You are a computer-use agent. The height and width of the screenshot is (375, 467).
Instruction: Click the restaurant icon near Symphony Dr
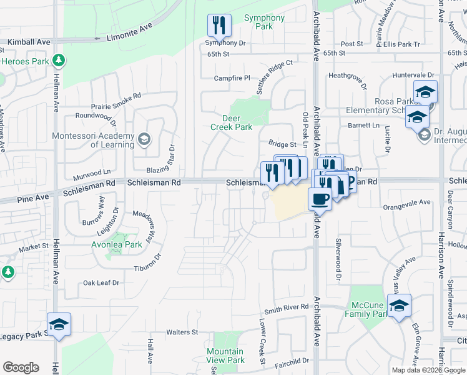219,25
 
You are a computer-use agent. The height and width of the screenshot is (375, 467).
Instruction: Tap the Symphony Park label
264,22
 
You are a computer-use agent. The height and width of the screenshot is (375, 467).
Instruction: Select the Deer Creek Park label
237,122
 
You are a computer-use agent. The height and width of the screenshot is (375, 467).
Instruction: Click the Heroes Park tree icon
59,61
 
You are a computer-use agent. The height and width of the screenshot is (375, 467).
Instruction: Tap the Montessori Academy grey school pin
145,138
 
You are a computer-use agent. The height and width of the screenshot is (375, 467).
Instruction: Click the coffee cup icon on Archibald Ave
320,199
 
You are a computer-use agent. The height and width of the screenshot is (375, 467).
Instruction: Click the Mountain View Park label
225,356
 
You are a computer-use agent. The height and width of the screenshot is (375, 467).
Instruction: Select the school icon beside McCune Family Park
399,306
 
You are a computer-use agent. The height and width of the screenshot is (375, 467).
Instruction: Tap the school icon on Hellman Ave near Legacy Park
59,325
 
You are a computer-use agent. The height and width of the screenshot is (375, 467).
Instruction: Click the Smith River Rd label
286,307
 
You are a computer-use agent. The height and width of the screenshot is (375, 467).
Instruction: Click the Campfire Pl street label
232,78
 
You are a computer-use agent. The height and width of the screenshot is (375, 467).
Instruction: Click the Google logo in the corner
21,367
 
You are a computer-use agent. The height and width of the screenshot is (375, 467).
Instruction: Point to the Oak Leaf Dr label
101,283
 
